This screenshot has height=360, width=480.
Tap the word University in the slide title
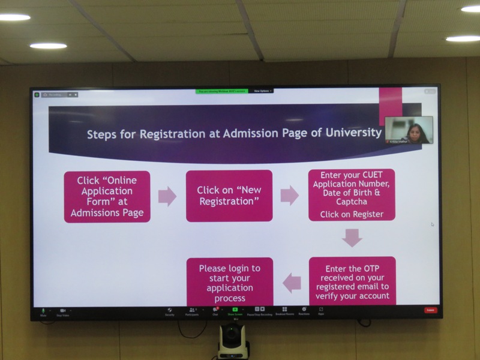click(x=349, y=132)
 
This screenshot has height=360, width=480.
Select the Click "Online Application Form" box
click(x=107, y=197)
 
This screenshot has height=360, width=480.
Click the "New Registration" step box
click(x=229, y=196)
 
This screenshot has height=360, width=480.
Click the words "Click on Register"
click(x=352, y=214)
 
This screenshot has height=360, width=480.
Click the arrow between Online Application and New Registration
click(x=167, y=196)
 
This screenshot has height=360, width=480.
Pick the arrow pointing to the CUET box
click(x=290, y=196)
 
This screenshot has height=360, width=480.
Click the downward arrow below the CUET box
click(x=352, y=238)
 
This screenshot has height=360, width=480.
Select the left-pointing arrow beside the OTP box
click(x=292, y=282)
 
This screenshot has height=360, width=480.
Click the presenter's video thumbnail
click(x=409, y=130)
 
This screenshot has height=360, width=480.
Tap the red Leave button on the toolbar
click(x=430, y=310)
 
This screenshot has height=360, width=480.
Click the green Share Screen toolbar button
click(x=235, y=311)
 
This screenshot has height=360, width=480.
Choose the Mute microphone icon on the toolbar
click(x=43, y=311)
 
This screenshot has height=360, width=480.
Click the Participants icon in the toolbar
click(x=192, y=311)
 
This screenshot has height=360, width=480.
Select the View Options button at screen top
click(x=262, y=91)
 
